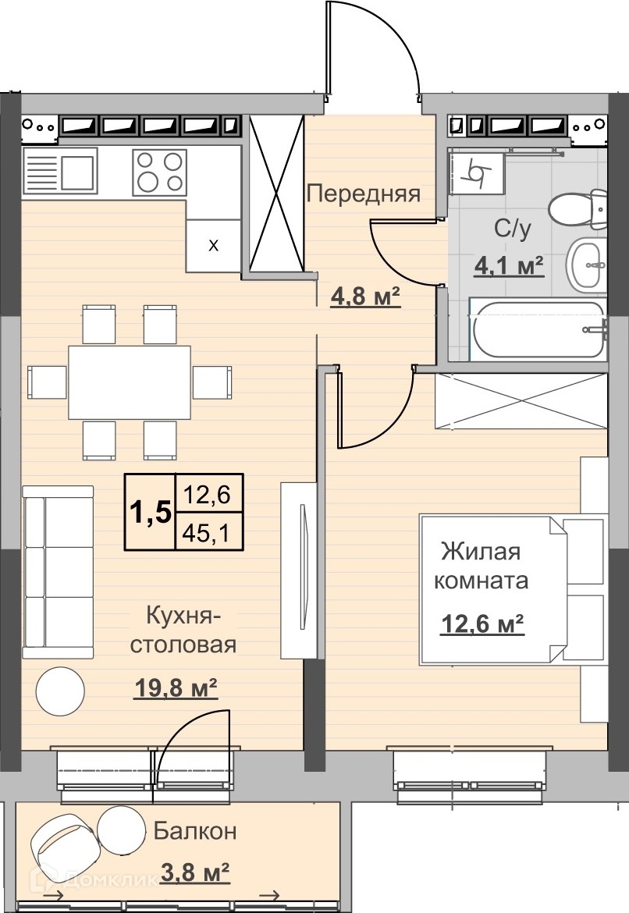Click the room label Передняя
pos(364,194)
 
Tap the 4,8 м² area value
pos(366,297)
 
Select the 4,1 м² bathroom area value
pos(510,265)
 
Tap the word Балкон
pos(195,831)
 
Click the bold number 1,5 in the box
pos(151,513)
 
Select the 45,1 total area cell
pos(207,532)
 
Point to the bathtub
pos(538,329)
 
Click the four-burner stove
pos(159,172)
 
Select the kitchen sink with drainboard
pos(59,170)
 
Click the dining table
pos(130,382)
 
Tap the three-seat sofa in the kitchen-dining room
pos(58,572)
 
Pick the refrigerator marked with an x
pos(214,246)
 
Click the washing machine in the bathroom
pos(477,172)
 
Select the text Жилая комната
pos(481,566)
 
